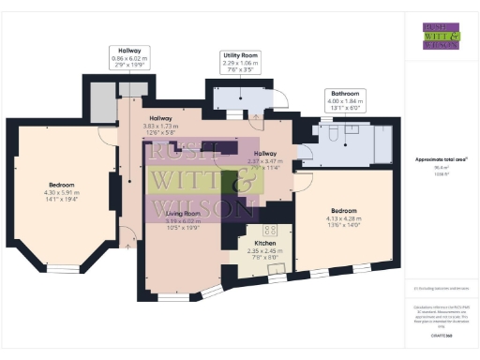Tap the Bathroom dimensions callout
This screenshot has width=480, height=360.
[x=343, y=101]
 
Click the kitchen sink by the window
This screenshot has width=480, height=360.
[x=277, y=271]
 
